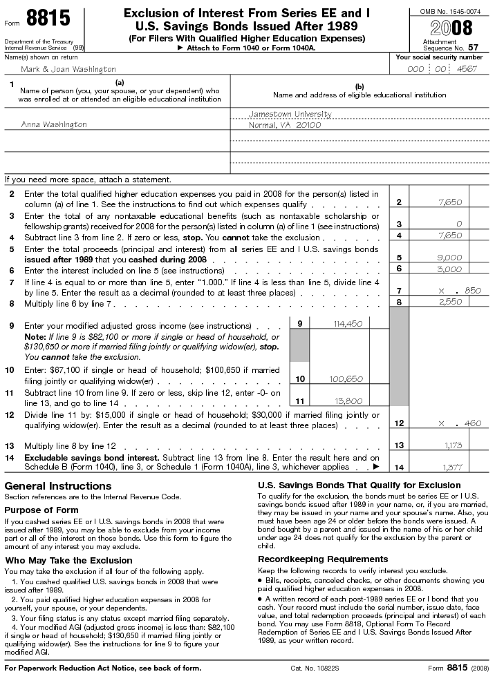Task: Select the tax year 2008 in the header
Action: click(x=451, y=28)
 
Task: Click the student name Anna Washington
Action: click(x=54, y=124)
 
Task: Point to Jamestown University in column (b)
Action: click(x=290, y=114)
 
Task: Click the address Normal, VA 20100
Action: click(x=285, y=125)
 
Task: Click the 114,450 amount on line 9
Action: click(x=348, y=323)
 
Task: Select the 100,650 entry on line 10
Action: click(x=346, y=378)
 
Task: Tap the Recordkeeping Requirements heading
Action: click(x=323, y=559)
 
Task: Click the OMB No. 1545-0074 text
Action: click(x=451, y=12)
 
